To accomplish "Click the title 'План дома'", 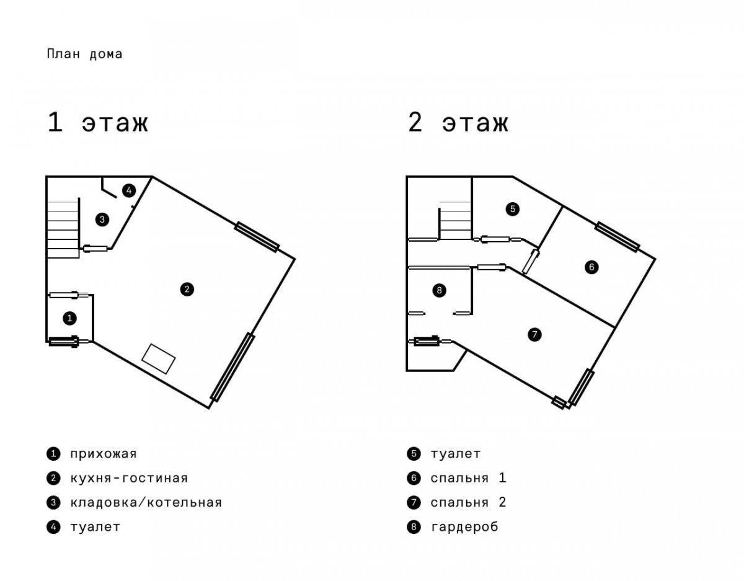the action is pyautogui.click(x=84, y=54).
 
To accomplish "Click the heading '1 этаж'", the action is pyautogui.click(x=98, y=122).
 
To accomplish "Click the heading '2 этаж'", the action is pyautogui.click(x=458, y=122).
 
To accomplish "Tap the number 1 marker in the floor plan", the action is pyautogui.click(x=70, y=319).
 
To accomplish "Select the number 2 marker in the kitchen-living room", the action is pyautogui.click(x=187, y=290).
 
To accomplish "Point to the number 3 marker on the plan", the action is pyautogui.click(x=102, y=220).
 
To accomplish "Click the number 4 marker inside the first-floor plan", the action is pyautogui.click(x=129, y=191).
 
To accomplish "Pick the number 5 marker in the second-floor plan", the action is pyautogui.click(x=513, y=209).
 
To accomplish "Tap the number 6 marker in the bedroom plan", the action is pyautogui.click(x=592, y=267).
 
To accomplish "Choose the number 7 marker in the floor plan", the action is pyautogui.click(x=535, y=334).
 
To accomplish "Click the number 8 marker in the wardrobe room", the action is pyautogui.click(x=440, y=291).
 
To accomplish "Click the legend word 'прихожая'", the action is pyautogui.click(x=104, y=454).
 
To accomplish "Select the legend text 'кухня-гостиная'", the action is pyautogui.click(x=129, y=478).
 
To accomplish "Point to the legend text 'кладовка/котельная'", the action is pyautogui.click(x=146, y=502).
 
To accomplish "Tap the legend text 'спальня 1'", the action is pyautogui.click(x=468, y=478).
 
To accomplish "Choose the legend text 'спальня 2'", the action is pyautogui.click(x=468, y=502).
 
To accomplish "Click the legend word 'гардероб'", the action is pyautogui.click(x=464, y=527).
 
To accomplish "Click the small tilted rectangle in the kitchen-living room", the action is pyautogui.click(x=159, y=358).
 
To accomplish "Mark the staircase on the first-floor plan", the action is pyautogui.click(x=63, y=229).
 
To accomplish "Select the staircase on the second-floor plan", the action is pyautogui.click(x=455, y=221).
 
